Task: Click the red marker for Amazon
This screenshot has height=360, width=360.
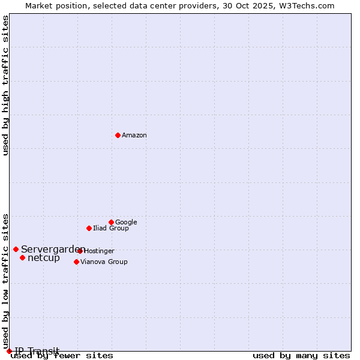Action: coord(118,135)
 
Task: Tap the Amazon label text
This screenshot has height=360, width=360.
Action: coord(134,136)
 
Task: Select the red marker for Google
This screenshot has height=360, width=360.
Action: coord(111,222)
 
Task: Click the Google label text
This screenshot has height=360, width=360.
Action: coord(126,223)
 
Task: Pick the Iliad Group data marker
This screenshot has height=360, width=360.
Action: coord(89,228)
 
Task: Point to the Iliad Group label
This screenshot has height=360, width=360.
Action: coord(111,229)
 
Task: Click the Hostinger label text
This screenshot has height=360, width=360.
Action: coord(99,251)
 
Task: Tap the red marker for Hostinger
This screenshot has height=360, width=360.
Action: coord(80,251)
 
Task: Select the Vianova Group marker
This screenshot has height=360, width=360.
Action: coord(76,262)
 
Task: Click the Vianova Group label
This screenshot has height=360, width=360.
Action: coord(104,262)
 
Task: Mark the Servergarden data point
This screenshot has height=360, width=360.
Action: coord(16,249)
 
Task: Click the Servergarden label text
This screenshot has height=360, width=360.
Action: coord(52,250)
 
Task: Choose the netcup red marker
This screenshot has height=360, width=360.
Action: coord(22,257)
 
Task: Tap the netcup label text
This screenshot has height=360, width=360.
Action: coord(44,258)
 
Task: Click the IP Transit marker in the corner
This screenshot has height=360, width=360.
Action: coord(9,351)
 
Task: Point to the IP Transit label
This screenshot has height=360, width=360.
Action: coord(37,351)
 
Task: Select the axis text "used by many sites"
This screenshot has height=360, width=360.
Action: coord(301,356)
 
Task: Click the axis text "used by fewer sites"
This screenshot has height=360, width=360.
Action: coord(62,356)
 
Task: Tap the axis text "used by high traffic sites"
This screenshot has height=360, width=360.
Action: coord(6,85)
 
